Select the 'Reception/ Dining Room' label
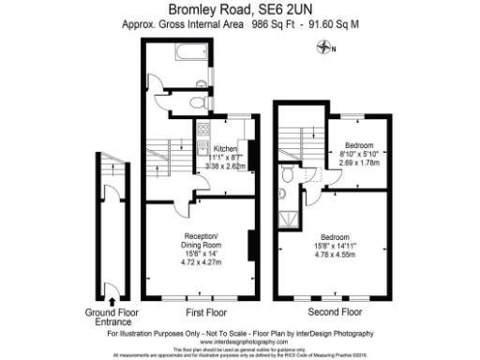click(200, 239)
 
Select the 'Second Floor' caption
click(336, 311)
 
